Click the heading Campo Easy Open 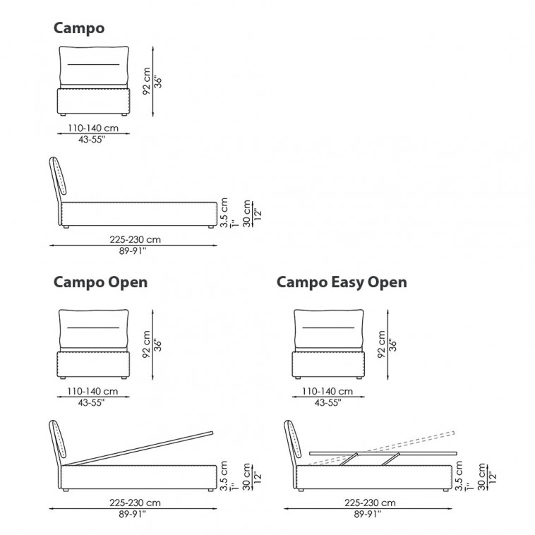pyautogui.click(x=342, y=282)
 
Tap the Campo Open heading pyautogui.click(x=101, y=282)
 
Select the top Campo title pyautogui.click(x=79, y=28)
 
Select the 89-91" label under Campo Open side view pyautogui.click(x=133, y=514)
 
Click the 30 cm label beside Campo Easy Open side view pyautogui.click(x=483, y=476)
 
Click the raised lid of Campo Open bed pyautogui.click(x=141, y=446)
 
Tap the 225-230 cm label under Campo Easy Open pyautogui.click(x=368, y=503)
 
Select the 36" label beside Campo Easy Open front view pyautogui.click(x=394, y=344)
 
